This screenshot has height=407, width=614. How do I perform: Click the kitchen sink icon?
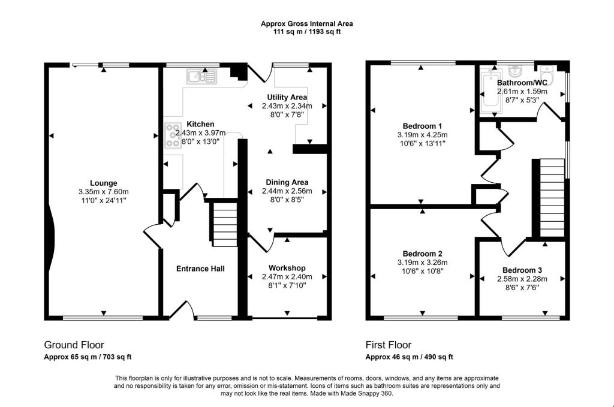click(201, 76)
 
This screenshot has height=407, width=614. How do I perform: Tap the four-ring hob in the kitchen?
click(173, 135)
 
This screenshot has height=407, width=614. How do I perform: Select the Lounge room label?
click(104, 183)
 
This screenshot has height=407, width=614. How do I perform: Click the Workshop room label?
click(287, 267)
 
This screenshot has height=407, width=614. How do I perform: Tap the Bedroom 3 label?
click(522, 270)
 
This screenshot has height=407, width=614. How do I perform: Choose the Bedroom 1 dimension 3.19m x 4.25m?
click(423, 135)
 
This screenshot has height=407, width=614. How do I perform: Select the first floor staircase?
click(550, 197)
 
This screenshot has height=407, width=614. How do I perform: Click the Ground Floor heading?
click(74, 345)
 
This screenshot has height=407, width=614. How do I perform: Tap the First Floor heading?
click(389, 345)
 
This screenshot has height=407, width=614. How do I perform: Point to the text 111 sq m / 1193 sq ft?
click(306, 31)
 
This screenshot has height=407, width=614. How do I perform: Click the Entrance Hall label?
click(200, 269)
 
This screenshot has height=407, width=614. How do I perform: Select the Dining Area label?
click(287, 182)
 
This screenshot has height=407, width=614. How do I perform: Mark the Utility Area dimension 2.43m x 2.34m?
click(287, 105)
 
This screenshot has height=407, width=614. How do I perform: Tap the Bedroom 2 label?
click(423, 253)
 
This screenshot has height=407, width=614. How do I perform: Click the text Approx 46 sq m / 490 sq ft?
click(409, 357)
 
